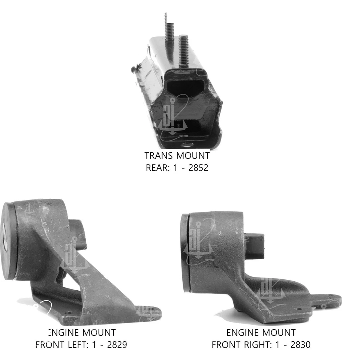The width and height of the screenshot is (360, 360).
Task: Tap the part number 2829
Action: click(x=117, y=344)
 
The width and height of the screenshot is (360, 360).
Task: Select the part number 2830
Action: click(x=300, y=344)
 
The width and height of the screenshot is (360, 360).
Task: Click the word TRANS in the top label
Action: click(x=159, y=155)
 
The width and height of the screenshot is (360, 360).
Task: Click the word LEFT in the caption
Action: click(x=75, y=344)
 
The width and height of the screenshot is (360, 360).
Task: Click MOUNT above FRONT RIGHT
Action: click(x=278, y=332)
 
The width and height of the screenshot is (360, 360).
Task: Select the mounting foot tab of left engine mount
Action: click(x=150, y=311)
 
